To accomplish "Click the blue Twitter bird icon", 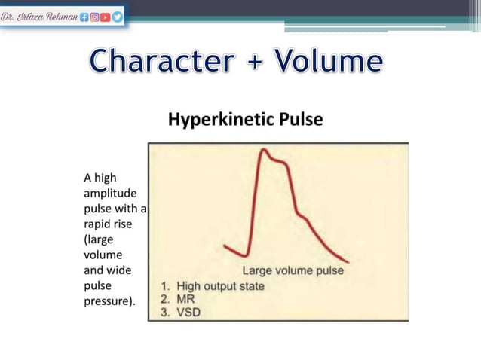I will click(118, 15).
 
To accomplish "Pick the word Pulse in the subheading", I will click(302, 119).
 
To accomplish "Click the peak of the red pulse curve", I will click(263, 151).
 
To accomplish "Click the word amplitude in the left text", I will click(110, 192).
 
